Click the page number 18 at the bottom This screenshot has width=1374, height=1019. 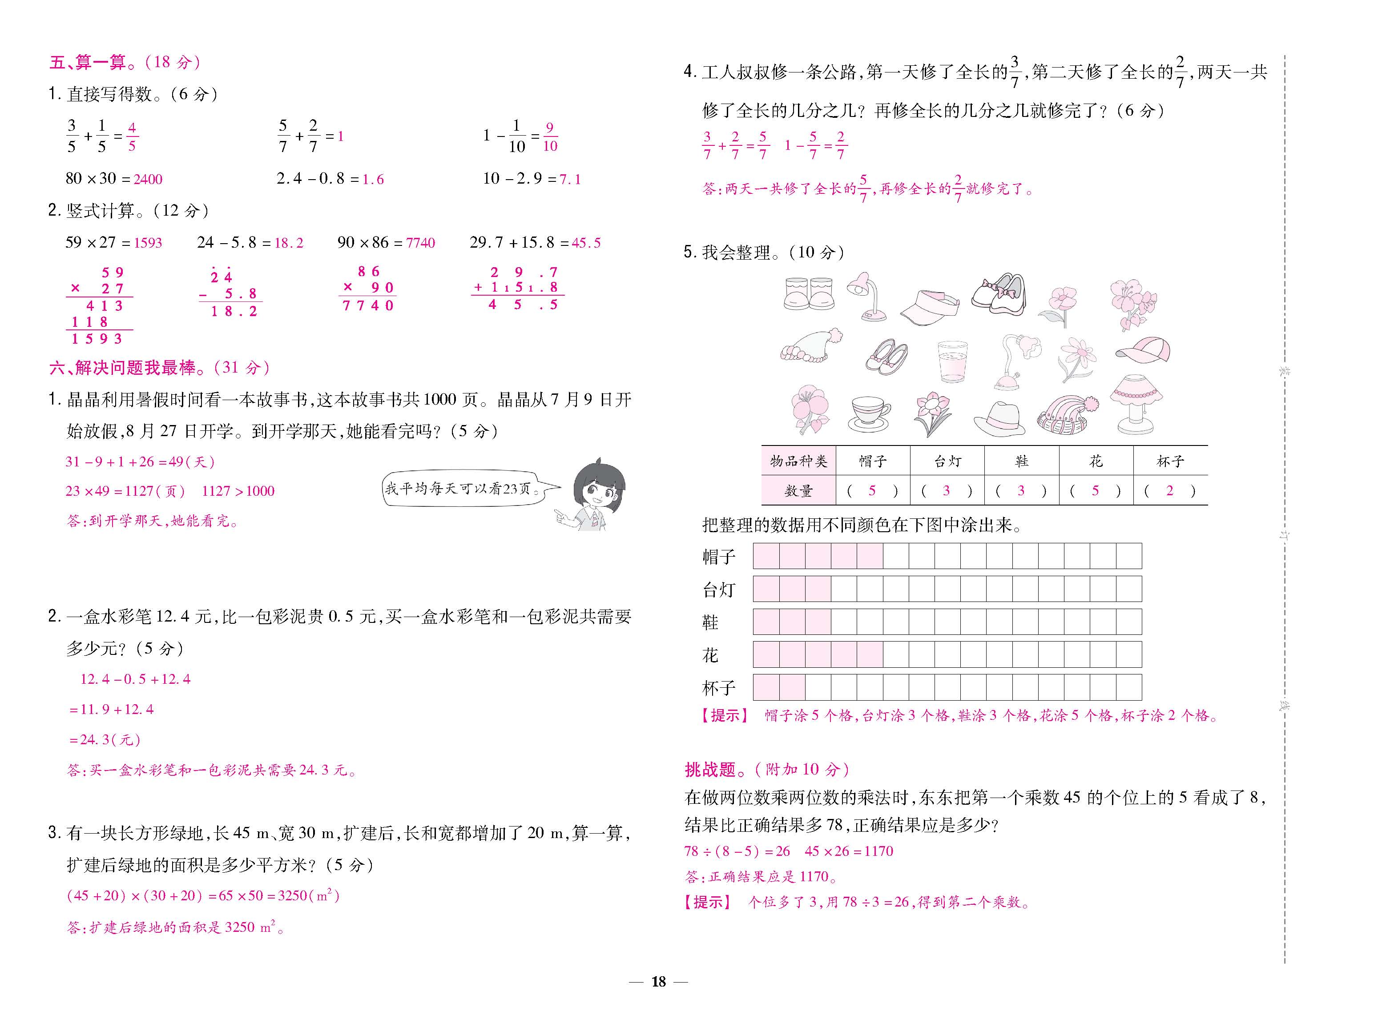click(x=658, y=981)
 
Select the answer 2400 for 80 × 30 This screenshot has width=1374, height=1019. click(x=148, y=180)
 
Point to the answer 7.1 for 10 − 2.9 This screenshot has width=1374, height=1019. click(x=570, y=180)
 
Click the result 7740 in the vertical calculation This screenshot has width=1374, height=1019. click(x=368, y=305)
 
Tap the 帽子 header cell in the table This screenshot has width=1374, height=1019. click(x=872, y=461)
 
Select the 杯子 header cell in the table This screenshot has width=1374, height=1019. click(x=1170, y=461)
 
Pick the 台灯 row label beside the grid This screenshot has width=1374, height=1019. click(x=719, y=590)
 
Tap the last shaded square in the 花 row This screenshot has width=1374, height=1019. click(x=869, y=654)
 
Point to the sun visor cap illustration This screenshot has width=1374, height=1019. click(x=929, y=308)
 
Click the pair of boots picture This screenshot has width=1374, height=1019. click(x=809, y=293)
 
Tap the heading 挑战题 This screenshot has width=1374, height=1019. click(x=710, y=769)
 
